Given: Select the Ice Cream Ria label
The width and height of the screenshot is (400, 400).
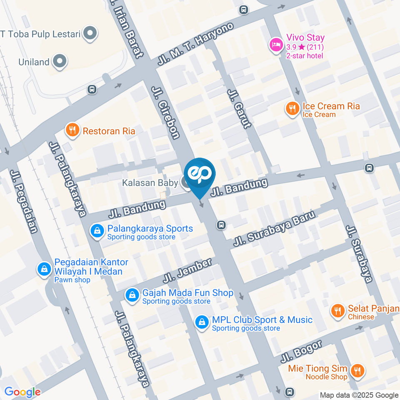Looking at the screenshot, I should click(x=331, y=106).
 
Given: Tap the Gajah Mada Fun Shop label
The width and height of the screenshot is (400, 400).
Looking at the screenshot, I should click(x=187, y=293).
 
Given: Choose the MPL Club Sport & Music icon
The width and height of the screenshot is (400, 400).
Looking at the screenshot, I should click(x=202, y=322).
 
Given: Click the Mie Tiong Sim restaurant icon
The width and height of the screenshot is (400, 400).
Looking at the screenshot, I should click(x=357, y=370).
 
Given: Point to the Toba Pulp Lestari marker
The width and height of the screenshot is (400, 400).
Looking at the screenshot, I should click(x=89, y=34).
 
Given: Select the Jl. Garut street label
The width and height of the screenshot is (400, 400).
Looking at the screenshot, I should click(x=239, y=108).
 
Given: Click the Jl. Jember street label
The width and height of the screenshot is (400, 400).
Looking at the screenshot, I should click(x=188, y=270).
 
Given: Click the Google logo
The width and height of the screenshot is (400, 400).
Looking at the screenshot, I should click(x=22, y=392).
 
